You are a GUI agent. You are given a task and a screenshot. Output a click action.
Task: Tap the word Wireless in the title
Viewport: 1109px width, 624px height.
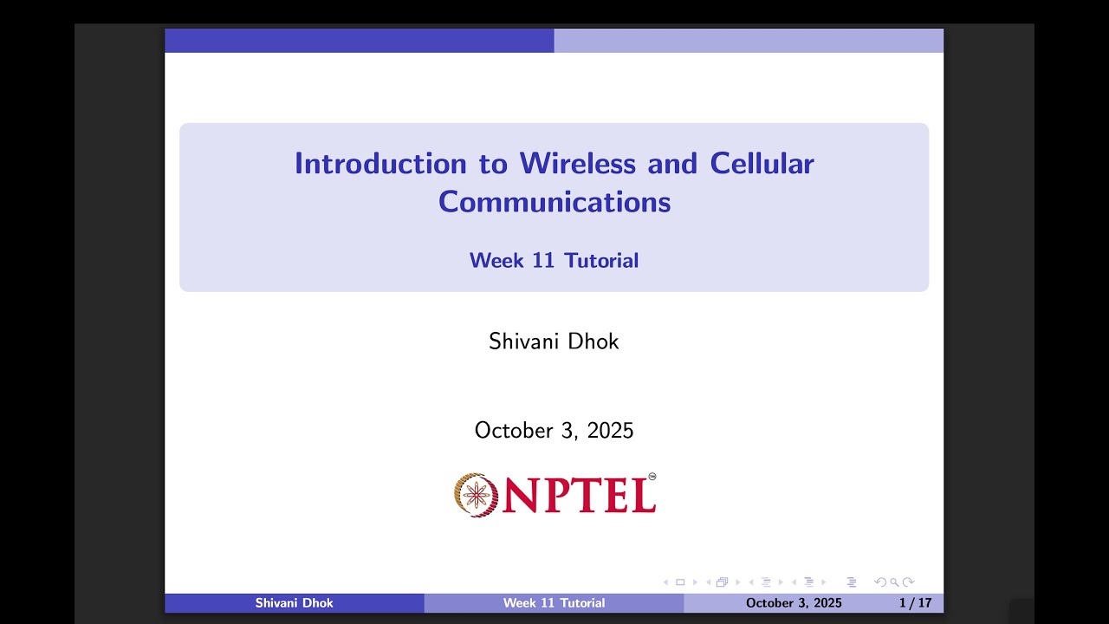coord(567,163)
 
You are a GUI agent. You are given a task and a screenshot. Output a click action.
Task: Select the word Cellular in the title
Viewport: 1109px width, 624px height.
coord(762,163)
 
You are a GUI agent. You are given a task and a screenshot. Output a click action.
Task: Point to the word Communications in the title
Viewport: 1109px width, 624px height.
coord(554,201)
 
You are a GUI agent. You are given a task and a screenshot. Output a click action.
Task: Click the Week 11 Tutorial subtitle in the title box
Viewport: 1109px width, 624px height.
coord(554,260)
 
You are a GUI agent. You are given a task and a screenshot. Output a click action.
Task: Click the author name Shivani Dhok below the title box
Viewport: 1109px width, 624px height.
coord(554,341)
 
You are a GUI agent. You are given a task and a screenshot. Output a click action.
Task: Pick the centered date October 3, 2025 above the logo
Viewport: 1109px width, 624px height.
coord(554,430)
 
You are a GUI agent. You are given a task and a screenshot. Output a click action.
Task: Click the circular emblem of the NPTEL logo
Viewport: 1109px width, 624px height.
coord(476,495)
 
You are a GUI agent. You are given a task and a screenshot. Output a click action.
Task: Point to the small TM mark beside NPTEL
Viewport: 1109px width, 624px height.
coord(652,476)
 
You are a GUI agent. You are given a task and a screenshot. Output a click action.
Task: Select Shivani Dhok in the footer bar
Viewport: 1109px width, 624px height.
coord(295,602)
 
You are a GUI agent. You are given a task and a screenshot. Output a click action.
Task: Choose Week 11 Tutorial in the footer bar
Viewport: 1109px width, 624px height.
coord(554,602)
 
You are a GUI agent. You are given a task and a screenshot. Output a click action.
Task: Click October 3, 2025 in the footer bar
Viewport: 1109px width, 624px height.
coord(794,602)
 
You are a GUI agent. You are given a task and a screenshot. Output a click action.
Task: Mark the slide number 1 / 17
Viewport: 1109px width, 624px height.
coord(916,602)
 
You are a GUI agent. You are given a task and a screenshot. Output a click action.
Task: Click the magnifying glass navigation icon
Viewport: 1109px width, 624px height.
coord(893,582)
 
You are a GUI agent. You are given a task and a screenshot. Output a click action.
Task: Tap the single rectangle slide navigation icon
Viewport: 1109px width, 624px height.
coord(680,582)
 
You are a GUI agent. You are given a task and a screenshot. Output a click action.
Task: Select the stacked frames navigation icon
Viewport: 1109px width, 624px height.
coord(722,582)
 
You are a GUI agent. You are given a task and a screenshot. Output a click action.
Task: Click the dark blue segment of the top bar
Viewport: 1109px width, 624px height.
coord(359,41)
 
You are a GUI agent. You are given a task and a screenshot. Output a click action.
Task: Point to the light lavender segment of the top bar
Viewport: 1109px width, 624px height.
coord(749,41)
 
